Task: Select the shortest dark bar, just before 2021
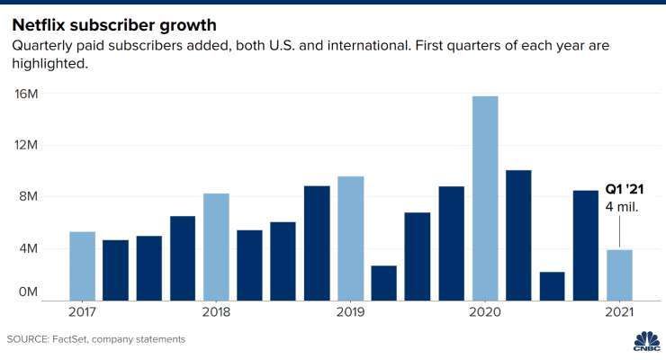[x=552, y=285]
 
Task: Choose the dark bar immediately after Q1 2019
[x=383, y=282]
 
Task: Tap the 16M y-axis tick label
[x=26, y=94]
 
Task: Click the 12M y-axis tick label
[x=26, y=145]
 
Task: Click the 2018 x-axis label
[x=216, y=312]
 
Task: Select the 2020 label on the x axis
[x=484, y=312]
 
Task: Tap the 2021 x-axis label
[x=619, y=312]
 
